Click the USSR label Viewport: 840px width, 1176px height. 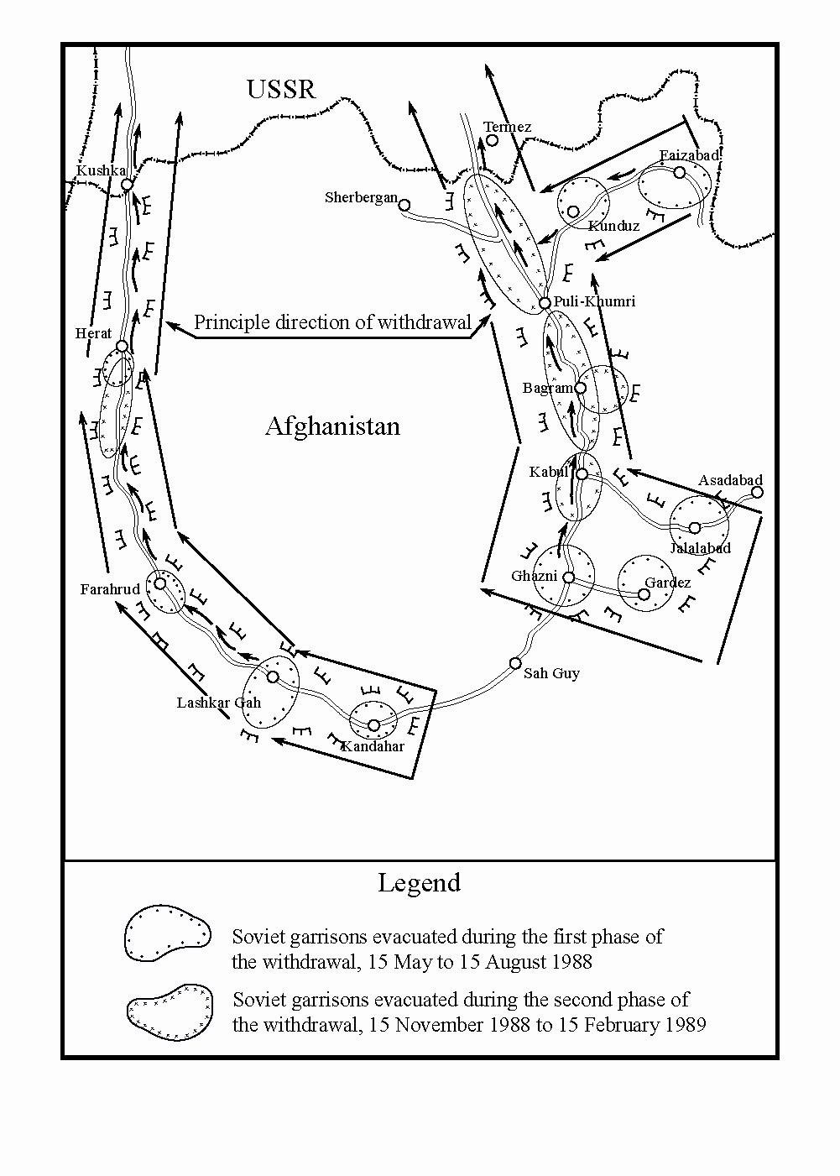[x=281, y=90]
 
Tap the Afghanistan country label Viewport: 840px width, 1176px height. [x=332, y=426]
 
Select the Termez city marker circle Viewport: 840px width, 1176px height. [x=492, y=140]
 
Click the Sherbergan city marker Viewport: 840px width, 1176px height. [x=404, y=205]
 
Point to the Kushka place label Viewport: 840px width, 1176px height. [x=102, y=170]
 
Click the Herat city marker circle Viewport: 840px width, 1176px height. [x=122, y=347]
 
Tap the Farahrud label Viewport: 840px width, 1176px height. [x=110, y=589]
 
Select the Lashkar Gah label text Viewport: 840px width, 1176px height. [x=219, y=703]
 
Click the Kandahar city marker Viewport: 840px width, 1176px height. [x=373, y=725]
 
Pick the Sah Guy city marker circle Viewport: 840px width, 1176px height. [x=515, y=663]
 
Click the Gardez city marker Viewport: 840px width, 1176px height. [x=644, y=594]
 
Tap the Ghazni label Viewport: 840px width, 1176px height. [x=534, y=576]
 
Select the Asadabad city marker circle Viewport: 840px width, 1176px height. [x=757, y=493]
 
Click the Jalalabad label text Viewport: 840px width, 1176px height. [x=701, y=548]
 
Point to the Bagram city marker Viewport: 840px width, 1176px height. [x=581, y=388]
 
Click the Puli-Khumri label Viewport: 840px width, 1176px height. [x=594, y=301]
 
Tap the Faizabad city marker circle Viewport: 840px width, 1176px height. [x=680, y=172]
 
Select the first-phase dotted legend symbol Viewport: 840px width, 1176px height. [x=168, y=933]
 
